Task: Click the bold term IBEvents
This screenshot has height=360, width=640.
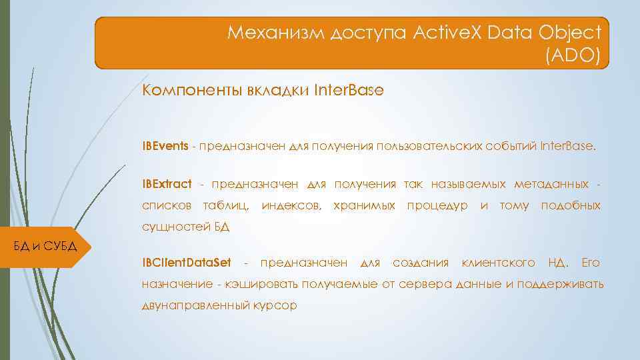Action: [x=165, y=145]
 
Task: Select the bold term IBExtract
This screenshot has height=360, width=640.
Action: [x=167, y=183]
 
